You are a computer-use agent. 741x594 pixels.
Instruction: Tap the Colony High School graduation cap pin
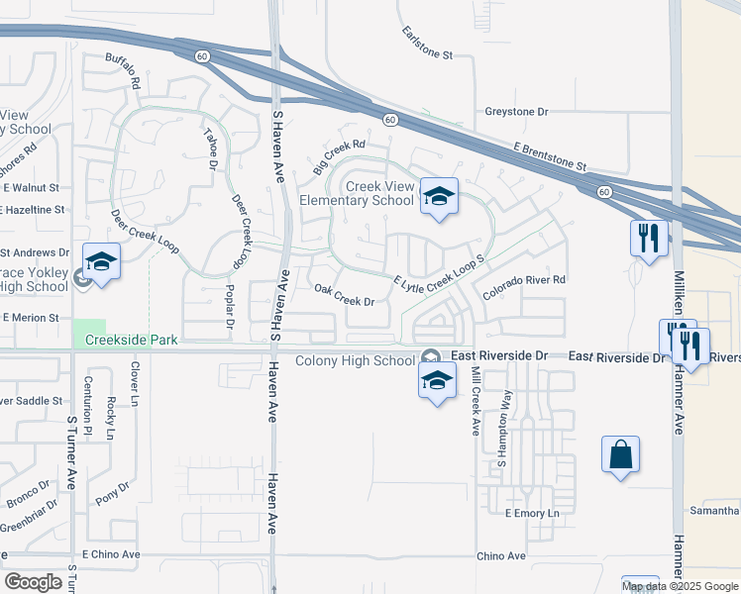[438, 381]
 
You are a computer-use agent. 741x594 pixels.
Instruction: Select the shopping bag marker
[620, 455]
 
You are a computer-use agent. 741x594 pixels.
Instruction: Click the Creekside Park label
[131, 340]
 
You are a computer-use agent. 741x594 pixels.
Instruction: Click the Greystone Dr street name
[516, 112]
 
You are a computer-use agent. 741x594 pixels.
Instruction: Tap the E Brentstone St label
[550, 158]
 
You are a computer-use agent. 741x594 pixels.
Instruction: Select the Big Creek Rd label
[339, 158]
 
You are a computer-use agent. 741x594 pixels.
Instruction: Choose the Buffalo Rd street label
[123, 71]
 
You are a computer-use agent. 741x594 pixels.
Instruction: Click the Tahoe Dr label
[210, 149]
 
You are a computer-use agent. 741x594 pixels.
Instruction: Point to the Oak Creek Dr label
[344, 294]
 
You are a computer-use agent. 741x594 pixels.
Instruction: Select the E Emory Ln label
[532, 514]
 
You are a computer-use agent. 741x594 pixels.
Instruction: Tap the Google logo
[33, 582]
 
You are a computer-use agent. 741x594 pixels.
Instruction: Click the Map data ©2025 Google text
[680, 586]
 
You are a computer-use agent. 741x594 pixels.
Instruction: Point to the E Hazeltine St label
[34, 210]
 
